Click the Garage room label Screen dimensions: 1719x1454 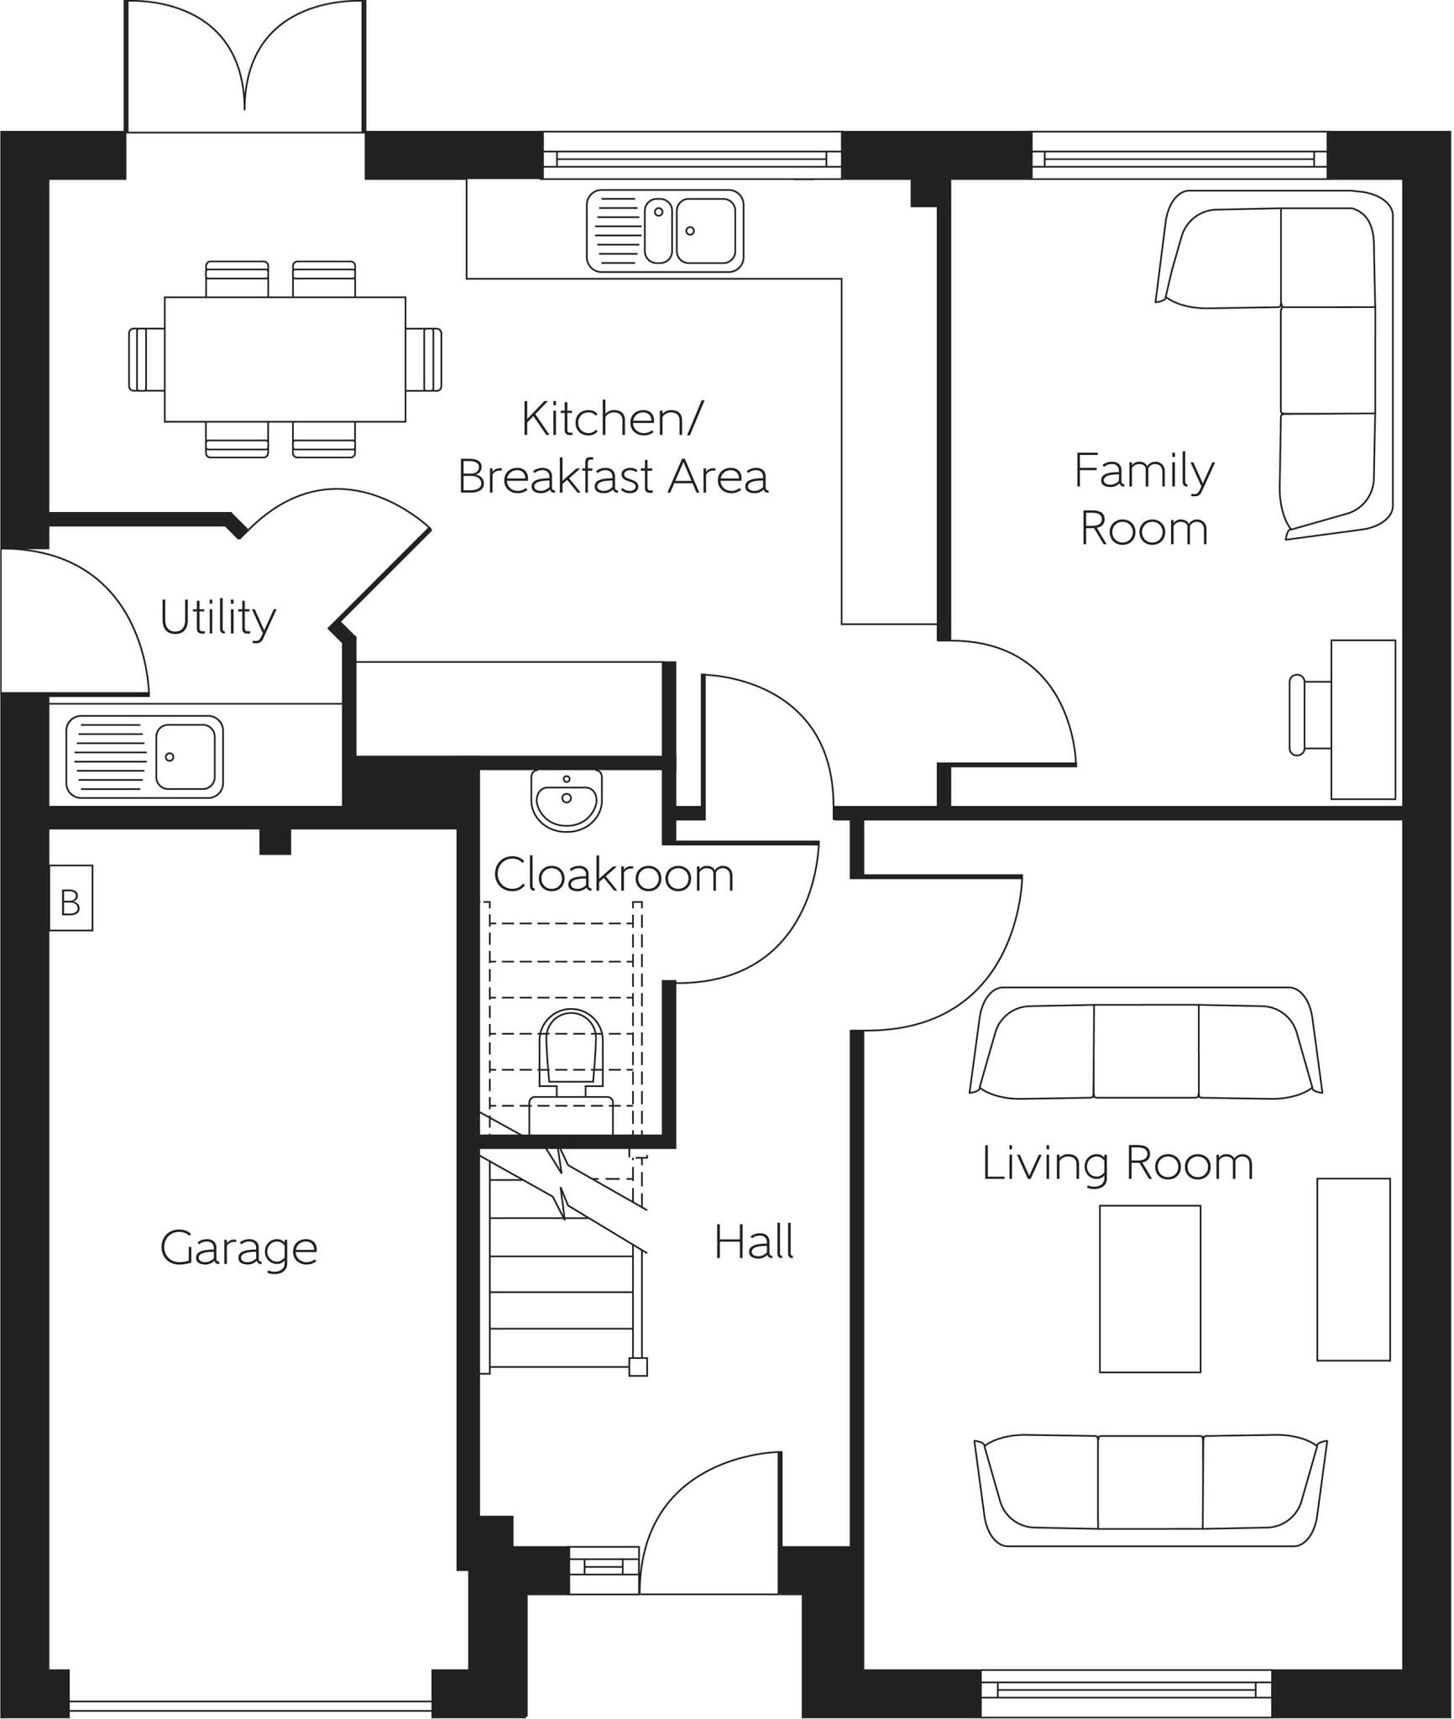click(x=238, y=1248)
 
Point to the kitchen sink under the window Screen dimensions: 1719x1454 click(x=665, y=231)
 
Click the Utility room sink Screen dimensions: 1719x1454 click(x=144, y=756)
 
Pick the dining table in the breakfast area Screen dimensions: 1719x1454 click(x=285, y=359)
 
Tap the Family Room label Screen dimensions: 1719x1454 click(x=1143, y=499)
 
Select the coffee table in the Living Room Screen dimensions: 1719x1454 click(x=1149, y=1288)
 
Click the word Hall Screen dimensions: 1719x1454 click(x=753, y=1242)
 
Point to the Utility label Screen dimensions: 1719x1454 click(x=217, y=618)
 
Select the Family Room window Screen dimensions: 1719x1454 click(x=1179, y=156)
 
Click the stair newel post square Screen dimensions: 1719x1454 click(x=638, y=1367)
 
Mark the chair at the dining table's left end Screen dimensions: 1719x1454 click(x=145, y=359)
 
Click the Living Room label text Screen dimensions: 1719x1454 click(x=1117, y=1164)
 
